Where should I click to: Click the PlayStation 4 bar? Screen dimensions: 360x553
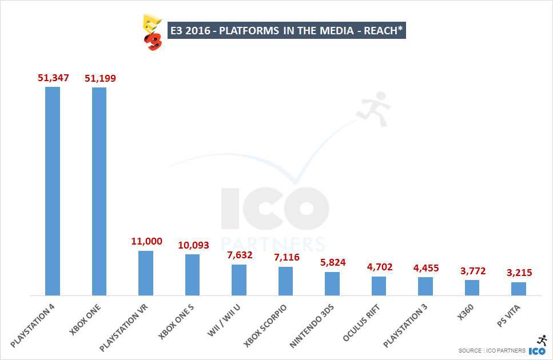pos(53,191)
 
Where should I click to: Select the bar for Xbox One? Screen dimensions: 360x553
pos(99,191)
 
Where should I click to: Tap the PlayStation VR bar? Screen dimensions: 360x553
pos(146,273)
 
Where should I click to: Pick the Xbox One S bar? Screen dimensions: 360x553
pos(192,274)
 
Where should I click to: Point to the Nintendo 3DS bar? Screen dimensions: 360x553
pos(332,283)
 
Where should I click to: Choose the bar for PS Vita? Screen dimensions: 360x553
pos(519,289)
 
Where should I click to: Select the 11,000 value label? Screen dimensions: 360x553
pos(146,241)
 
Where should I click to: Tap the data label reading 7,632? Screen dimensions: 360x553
pos(239,255)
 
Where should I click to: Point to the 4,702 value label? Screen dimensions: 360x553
pos(379,267)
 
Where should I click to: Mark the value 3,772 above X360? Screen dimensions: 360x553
pos(472,270)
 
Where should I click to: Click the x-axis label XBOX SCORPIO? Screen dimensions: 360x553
pos(265,326)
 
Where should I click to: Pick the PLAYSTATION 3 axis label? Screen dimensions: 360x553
pos(404,327)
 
